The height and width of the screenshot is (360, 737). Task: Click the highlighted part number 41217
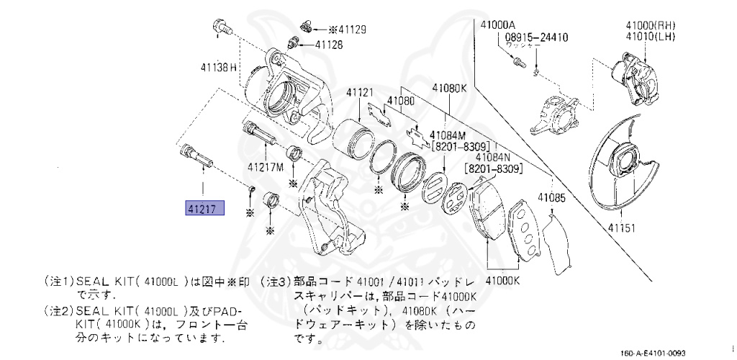[x=205, y=209]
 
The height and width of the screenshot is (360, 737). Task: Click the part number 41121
[x=360, y=92]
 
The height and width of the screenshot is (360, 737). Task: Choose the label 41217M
[x=266, y=167]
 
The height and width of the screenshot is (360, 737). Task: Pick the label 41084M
[x=448, y=135]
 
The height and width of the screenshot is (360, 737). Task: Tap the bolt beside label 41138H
[x=220, y=30]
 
